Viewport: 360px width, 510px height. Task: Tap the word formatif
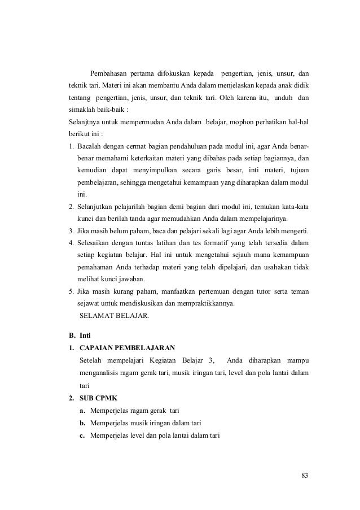click(198, 243)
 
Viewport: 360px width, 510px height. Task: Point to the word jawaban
click(129, 280)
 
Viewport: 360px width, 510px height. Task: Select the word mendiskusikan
click(152, 304)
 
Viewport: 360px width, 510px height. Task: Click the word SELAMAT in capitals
click(96, 316)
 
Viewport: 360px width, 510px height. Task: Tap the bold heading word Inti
click(85, 335)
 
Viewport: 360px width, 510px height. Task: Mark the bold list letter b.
click(82, 422)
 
